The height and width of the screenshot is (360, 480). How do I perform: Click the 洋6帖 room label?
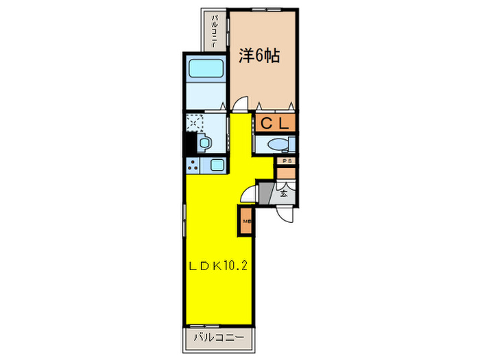[x=259, y=56]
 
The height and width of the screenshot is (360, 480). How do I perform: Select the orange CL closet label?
[x=275, y=124]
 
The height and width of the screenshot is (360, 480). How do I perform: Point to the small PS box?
[x=286, y=161]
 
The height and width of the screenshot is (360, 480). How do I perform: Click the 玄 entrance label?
[x=284, y=193]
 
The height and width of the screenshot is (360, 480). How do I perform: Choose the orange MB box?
[x=245, y=221]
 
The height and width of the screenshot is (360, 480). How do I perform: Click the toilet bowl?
[x=278, y=145]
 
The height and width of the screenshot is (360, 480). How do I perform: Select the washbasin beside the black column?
[x=204, y=143]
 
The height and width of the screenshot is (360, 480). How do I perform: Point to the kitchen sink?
[x=217, y=165]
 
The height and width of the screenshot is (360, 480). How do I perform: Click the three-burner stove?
[x=193, y=165]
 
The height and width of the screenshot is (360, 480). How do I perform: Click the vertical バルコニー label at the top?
[x=215, y=30]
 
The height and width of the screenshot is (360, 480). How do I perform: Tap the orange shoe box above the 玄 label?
[x=285, y=173]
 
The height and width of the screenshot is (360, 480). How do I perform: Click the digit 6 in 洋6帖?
[x=259, y=56]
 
